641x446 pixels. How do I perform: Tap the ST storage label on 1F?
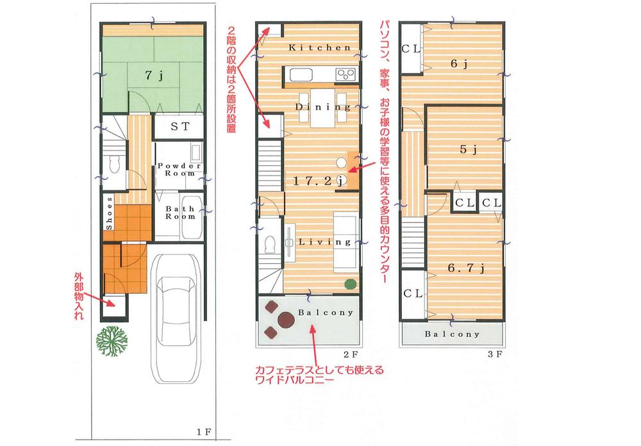(x=179, y=126)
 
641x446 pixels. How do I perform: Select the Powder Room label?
(x=179, y=169)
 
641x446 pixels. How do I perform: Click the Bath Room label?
(x=179, y=213)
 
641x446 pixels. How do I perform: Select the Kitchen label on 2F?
(x=319, y=48)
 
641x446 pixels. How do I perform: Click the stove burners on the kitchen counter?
(x=346, y=74)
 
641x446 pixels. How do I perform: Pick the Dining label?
(x=323, y=107)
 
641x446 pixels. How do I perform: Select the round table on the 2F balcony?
(x=284, y=319)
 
